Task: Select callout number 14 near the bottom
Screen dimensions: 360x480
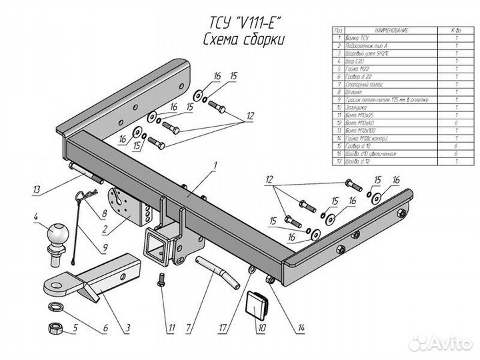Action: click(x=302, y=327)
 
